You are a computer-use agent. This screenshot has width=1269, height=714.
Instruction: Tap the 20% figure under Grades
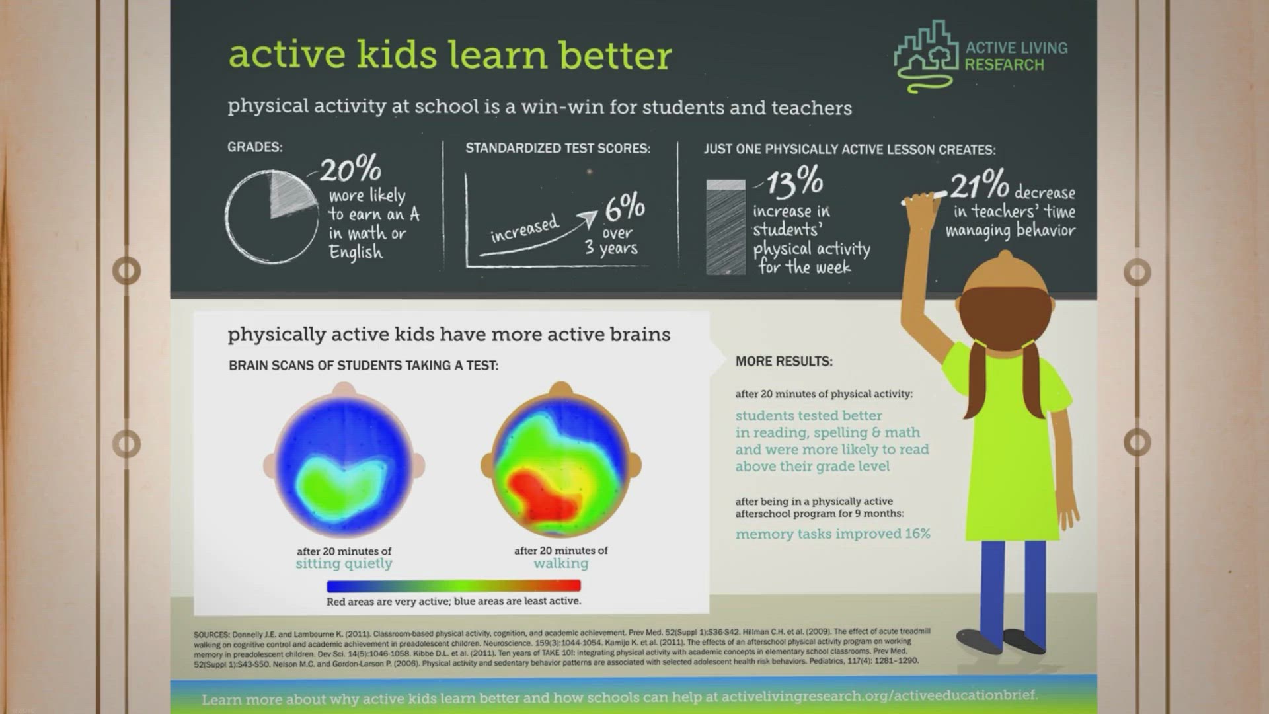click(x=350, y=169)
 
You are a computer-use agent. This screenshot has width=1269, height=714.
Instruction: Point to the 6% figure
click(x=625, y=208)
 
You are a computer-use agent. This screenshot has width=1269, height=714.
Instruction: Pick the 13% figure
click(x=795, y=182)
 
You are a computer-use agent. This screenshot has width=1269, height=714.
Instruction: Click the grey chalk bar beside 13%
click(x=726, y=227)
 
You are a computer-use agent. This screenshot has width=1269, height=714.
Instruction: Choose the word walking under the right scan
click(x=561, y=563)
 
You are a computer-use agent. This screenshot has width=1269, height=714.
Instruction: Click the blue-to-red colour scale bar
click(x=453, y=586)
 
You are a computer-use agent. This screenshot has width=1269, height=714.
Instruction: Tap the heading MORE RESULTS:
click(x=784, y=362)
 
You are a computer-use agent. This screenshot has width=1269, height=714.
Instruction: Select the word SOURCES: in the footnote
click(x=211, y=635)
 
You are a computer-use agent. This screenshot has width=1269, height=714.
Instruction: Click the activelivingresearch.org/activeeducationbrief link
click(x=879, y=695)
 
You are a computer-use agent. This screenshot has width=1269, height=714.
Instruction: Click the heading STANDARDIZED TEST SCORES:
click(x=558, y=149)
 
